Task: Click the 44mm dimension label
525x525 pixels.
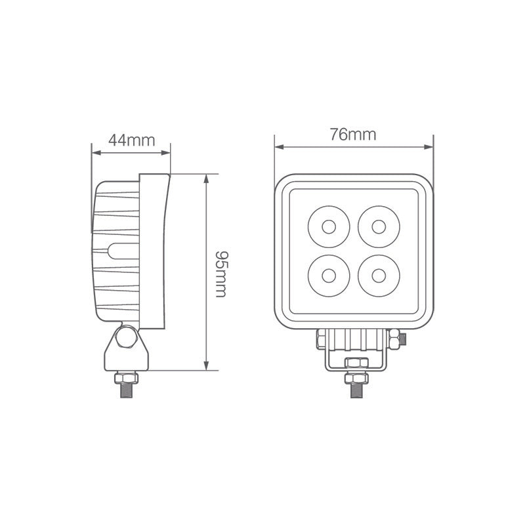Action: point(131,140)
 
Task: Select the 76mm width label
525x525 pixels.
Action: point(353,135)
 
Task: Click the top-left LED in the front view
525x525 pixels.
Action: point(327,227)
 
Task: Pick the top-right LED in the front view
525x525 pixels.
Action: point(378,227)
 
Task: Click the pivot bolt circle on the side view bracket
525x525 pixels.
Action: point(125,339)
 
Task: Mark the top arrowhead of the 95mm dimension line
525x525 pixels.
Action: point(207,178)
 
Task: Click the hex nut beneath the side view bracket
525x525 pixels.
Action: point(125,378)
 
